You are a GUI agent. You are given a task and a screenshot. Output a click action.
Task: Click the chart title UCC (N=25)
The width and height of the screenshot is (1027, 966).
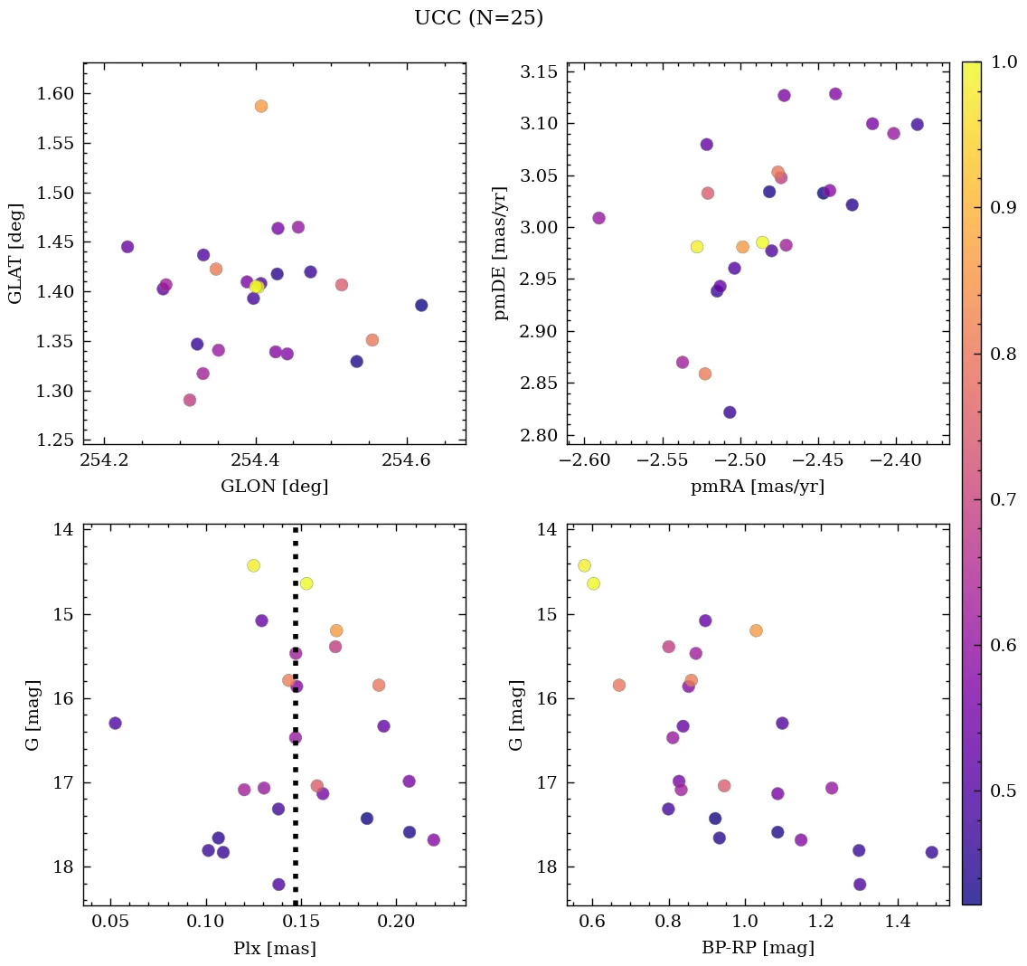coord(478,18)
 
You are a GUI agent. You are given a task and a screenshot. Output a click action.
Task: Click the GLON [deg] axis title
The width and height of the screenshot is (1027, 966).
coord(274,487)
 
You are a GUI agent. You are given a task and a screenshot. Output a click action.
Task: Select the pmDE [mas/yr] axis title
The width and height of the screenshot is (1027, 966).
coord(501,253)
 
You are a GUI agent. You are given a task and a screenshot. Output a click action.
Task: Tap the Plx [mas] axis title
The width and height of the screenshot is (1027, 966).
coord(274,948)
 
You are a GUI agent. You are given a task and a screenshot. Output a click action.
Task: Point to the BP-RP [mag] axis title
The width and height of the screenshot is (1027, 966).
coord(758,948)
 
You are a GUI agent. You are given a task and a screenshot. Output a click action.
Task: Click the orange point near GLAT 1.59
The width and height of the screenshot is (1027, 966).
coord(261,106)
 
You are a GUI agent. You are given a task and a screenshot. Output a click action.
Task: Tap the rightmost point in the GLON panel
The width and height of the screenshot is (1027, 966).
coord(421,305)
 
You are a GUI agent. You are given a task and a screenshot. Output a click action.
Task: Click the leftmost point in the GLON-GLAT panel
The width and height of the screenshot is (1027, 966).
coord(127,247)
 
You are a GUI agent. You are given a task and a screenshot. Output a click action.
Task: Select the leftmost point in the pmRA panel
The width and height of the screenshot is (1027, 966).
coord(598,218)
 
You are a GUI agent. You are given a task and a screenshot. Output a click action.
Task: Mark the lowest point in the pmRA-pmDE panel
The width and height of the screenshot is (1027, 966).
coord(730,412)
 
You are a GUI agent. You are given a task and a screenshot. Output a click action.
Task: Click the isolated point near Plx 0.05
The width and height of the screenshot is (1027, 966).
coord(115,723)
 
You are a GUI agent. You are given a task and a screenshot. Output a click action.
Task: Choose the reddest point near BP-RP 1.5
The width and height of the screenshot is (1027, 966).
coord(932,852)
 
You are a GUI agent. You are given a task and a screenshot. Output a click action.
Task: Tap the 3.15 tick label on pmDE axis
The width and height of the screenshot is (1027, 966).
coord(539,71)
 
